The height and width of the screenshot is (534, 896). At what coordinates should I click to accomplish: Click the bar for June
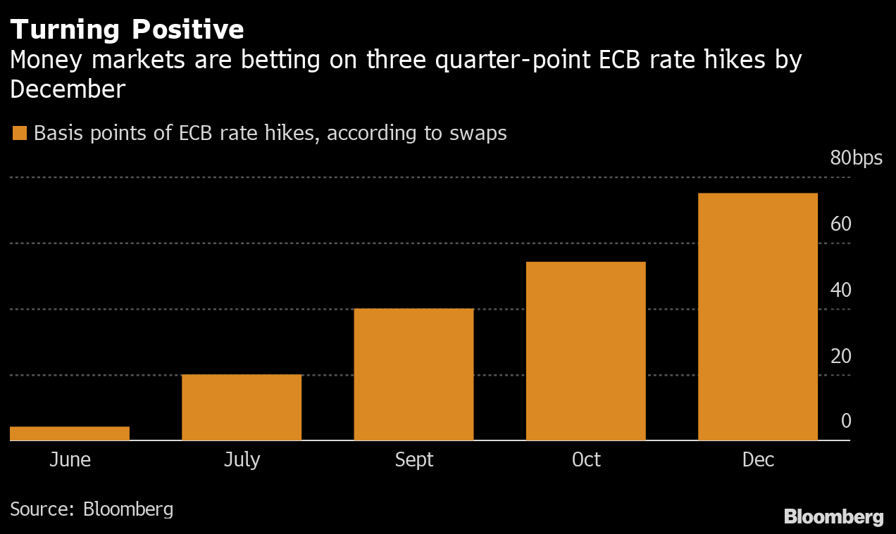70,433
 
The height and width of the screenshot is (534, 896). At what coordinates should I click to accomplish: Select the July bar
242,407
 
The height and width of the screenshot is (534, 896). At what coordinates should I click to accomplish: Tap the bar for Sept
413,374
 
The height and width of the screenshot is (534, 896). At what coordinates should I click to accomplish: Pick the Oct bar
585,351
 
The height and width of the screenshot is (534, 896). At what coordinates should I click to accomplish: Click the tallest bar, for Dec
757,317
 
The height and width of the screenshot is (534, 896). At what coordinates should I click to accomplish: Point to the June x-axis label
70,460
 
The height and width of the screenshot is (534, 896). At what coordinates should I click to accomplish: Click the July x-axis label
242,460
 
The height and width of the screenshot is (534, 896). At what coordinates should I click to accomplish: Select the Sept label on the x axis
414,460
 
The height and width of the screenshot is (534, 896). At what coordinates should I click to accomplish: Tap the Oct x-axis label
586,460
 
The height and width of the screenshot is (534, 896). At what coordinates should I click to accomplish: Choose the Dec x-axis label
758,460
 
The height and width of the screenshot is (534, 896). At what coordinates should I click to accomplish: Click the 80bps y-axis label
856,158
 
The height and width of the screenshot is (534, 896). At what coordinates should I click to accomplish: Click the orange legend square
20,133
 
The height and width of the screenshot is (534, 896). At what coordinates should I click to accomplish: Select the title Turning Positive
127,30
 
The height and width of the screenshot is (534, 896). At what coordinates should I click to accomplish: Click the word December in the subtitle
68,89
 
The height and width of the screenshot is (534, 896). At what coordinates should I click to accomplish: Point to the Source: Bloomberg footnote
92,509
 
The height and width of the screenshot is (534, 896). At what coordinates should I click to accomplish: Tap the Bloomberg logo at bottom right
833,517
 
